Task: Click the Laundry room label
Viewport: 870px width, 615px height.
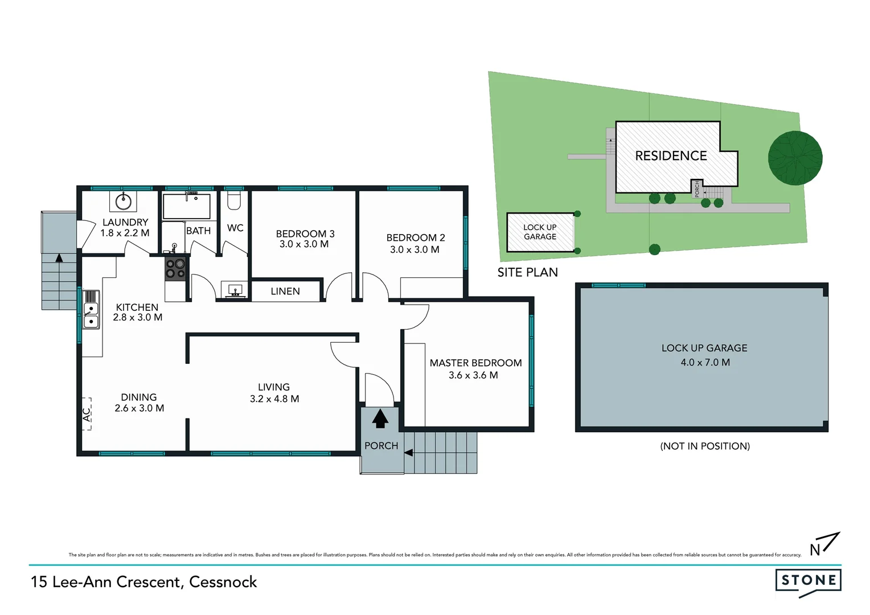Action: (x=125, y=222)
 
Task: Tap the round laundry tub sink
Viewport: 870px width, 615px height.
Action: (x=124, y=201)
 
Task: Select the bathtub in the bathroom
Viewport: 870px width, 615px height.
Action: (x=186, y=206)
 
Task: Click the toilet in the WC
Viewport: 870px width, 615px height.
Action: (x=234, y=200)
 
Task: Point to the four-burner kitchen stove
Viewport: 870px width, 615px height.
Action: (x=175, y=269)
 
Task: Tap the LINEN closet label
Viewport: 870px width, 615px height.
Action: (x=285, y=291)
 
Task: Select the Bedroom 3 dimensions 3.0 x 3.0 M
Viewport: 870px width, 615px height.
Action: (x=304, y=244)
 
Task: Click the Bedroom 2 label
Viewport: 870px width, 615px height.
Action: (x=416, y=237)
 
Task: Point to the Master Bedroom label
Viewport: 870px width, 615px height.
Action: (x=475, y=363)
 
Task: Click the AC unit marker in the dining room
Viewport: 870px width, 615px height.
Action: (x=87, y=414)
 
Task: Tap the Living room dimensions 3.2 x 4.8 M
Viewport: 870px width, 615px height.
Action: (x=274, y=399)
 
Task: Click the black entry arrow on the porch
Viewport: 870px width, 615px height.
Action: (x=380, y=419)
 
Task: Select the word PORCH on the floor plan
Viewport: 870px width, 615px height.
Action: (x=381, y=446)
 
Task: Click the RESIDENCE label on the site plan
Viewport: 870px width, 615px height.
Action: (x=671, y=156)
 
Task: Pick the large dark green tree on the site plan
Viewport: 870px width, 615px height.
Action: (x=795, y=158)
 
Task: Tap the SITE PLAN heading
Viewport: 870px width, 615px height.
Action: (x=527, y=272)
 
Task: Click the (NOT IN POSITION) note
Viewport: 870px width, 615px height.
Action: (x=705, y=446)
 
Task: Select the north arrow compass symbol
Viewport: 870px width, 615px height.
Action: (x=824, y=544)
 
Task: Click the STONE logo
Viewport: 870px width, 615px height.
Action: (x=808, y=581)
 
